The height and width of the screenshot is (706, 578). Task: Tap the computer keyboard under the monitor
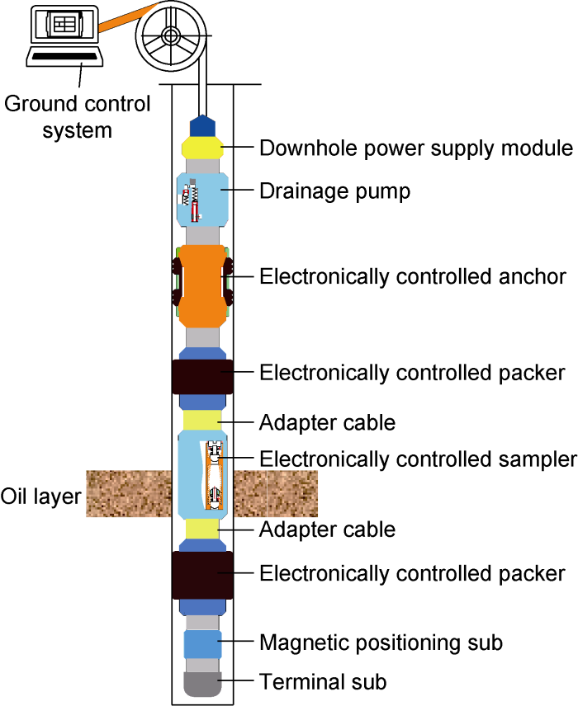[x=65, y=57]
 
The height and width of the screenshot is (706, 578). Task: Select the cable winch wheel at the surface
[x=171, y=36]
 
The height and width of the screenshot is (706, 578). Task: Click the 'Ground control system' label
[x=78, y=117]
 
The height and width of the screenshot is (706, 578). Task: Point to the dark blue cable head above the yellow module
[x=202, y=126]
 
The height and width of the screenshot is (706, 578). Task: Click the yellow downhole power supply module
[x=202, y=148]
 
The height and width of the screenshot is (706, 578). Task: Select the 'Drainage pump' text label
[x=334, y=191]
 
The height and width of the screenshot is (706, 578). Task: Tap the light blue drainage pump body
[x=213, y=199]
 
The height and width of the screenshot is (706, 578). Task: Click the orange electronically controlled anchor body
[x=202, y=284]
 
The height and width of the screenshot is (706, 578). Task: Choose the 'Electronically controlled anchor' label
[x=413, y=276]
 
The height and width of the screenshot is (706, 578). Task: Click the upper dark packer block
[x=202, y=377]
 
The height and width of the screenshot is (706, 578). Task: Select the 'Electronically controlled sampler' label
[x=417, y=459]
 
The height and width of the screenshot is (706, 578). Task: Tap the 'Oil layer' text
[x=40, y=497]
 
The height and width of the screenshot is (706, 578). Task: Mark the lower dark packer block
[x=202, y=575]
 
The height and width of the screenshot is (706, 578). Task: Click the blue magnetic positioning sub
[x=202, y=642]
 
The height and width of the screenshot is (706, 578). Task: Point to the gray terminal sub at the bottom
[x=202, y=683]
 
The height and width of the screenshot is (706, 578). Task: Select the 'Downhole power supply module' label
[x=416, y=148]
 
